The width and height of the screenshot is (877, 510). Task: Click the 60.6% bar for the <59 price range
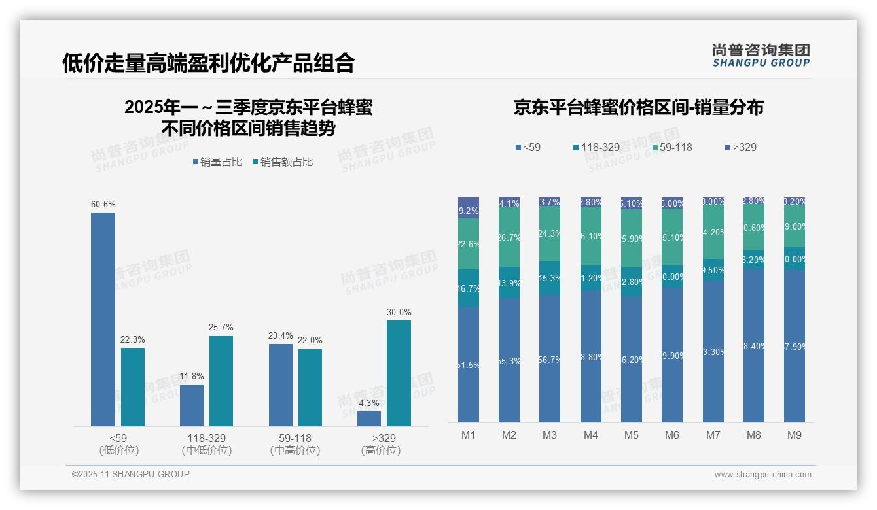(103, 319)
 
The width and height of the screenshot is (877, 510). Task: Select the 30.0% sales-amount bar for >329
(399, 373)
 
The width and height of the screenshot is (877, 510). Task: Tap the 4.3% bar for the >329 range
(369, 418)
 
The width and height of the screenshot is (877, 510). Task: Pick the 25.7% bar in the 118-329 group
(221, 381)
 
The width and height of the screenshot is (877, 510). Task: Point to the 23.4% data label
(280, 335)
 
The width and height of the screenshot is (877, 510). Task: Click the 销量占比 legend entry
(217, 161)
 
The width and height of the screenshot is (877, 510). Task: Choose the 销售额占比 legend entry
(282, 161)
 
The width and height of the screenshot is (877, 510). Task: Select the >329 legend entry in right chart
(740, 147)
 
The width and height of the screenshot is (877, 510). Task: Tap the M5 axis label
(631, 435)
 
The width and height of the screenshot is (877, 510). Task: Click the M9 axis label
(794, 435)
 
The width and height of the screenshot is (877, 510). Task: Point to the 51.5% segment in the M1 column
(469, 364)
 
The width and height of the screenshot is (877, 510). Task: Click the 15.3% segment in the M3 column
(550, 278)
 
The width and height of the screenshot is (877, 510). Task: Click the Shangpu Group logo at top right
(761, 55)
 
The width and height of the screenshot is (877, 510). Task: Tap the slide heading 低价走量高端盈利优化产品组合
(208, 63)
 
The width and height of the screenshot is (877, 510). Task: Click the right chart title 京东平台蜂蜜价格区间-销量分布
(638, 107)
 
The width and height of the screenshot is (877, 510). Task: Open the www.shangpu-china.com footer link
(762, 475)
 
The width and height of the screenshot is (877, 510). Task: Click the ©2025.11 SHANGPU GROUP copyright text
(131, 474)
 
